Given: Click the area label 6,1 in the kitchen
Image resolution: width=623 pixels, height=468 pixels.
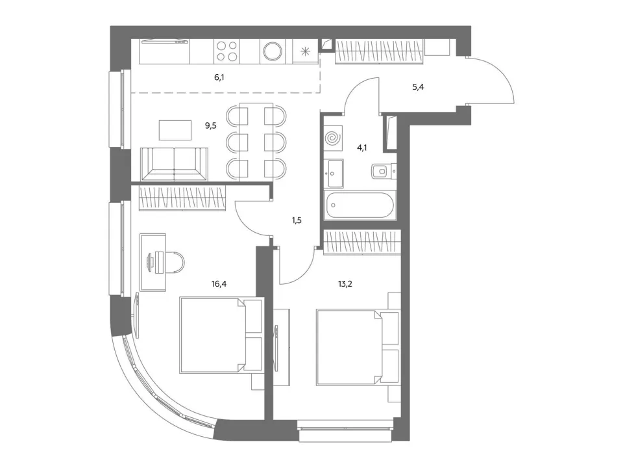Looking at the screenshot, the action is (219, 77).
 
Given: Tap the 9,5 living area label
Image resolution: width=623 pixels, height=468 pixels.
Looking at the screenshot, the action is (210, 125).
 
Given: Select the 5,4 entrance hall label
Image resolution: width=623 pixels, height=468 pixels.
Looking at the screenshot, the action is (418, 86).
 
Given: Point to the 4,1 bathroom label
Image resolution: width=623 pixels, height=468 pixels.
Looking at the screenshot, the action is (362, 148).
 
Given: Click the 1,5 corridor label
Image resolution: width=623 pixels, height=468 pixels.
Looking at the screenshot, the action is (297, 220).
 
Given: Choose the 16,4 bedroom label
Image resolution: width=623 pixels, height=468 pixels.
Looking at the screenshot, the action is (219, 284).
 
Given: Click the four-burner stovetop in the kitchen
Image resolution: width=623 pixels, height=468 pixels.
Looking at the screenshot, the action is (226, 51).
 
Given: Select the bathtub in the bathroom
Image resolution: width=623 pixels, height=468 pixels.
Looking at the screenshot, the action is (360, 205).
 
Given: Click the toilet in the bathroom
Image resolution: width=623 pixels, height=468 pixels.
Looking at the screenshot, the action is (384, 172).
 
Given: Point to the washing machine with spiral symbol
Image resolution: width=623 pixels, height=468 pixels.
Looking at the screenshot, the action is (333, 138).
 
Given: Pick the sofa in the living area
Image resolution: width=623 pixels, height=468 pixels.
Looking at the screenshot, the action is (174, 164).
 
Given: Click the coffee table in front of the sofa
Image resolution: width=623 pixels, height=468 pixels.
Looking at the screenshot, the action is (175, 130).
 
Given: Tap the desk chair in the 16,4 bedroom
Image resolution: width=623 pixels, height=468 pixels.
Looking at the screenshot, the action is (175, 263).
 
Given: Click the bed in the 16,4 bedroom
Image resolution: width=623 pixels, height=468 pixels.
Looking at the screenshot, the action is (221, 335).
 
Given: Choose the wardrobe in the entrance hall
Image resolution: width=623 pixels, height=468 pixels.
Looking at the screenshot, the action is (380, 51).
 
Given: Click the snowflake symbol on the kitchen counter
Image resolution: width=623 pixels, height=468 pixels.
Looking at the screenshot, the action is (305, 51).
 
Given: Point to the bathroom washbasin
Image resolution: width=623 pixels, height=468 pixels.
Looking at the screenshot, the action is (334, 174).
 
